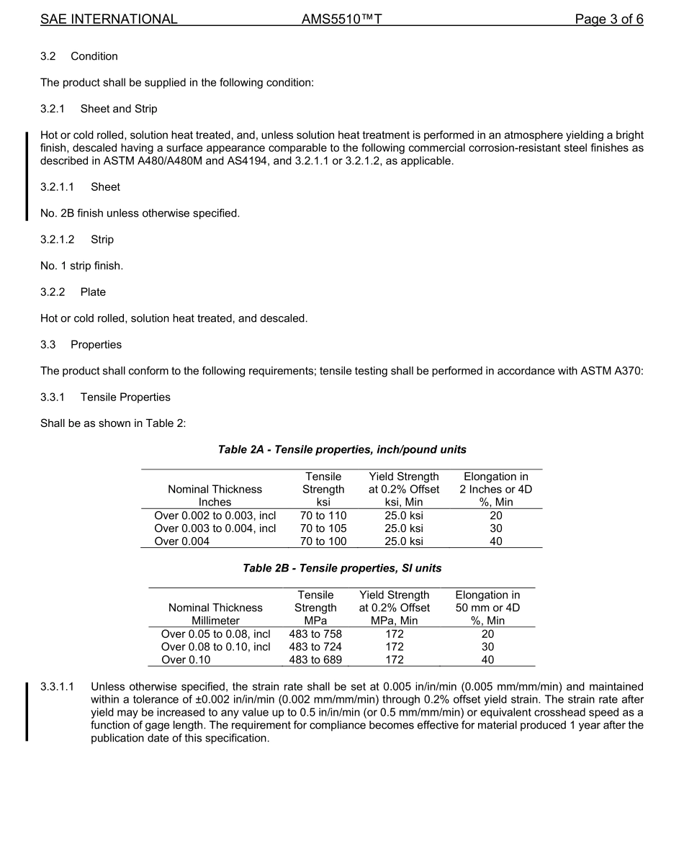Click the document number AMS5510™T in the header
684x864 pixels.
[x=341, y=19]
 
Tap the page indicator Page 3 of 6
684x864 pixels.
[x=608, y=19]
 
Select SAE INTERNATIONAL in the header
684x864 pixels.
[x=109, y=19]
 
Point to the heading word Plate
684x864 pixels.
[x=93, y=292]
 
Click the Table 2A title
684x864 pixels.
[x=342, y=450]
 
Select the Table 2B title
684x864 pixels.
[x=342, y=569]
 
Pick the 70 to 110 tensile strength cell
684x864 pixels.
[x=323, y=516]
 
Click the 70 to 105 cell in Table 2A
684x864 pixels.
[x=323, y=528]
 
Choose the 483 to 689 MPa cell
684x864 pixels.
[x=315, y=660]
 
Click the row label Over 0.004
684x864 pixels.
[x=182, y=541]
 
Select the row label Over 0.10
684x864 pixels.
[x=186, y=660]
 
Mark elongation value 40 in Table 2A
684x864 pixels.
[x=496, y=541]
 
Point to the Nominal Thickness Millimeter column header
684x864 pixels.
[x=215, y=614]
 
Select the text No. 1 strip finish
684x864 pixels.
[x=81, y=266]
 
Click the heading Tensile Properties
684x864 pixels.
[x=125, y=397]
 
